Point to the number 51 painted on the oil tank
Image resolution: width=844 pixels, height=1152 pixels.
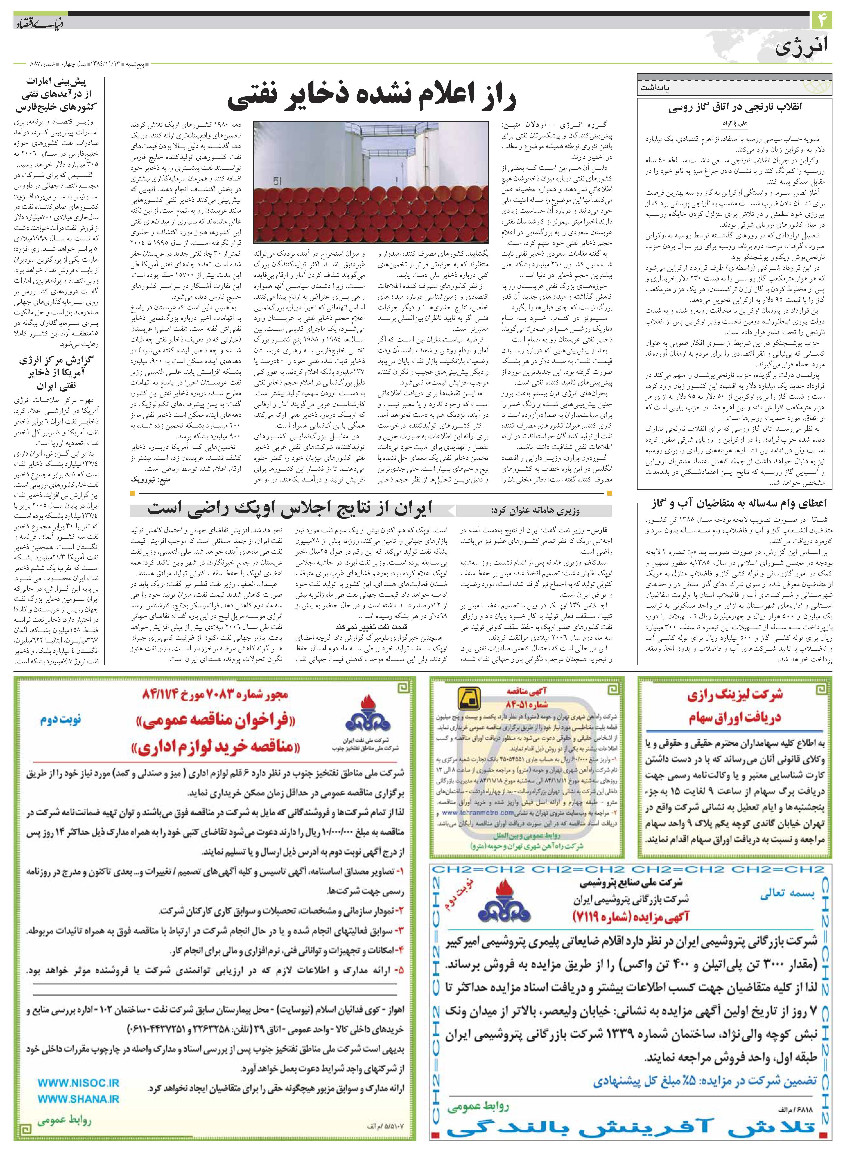coord(277,181)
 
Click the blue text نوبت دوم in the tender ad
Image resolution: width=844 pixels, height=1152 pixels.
coord(60,720)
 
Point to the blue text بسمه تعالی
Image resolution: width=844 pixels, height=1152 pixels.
coord(787,893)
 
